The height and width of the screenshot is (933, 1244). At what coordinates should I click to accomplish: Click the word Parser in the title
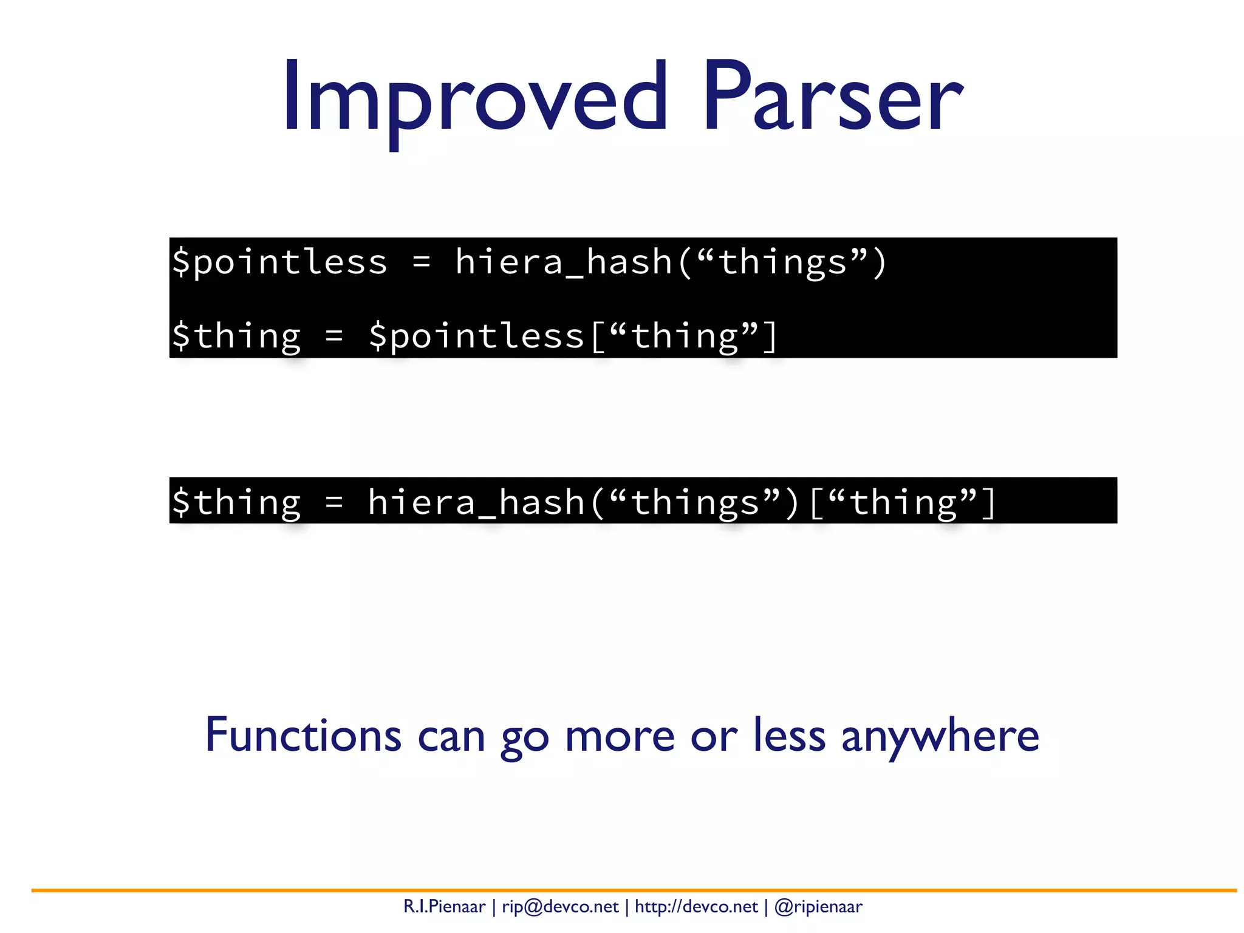click(x=832, y=97)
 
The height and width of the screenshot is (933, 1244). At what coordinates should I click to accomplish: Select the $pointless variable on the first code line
click(x=279, y=262)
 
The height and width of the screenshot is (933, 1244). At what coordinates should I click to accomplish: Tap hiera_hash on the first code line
click(x=564, y=262)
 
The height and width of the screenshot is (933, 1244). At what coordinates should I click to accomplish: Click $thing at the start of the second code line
click(x=236, y=336)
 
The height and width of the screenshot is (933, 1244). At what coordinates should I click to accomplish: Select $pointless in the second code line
click(x=476, y=336)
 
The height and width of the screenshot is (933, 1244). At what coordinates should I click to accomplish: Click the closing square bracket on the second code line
click(x=770, y=336)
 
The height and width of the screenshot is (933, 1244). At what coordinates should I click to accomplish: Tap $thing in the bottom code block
click(x=236, y=502)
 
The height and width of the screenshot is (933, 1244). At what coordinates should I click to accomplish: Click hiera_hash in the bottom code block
click(x=476, y=502)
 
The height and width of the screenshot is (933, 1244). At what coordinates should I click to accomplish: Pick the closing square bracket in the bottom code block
click(x=988, y=502)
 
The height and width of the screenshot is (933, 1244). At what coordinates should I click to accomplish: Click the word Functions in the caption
click(x=303, y=736)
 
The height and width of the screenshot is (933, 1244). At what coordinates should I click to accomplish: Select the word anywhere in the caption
click(x=940, y=736)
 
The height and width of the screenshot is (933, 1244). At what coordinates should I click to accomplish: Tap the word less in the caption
click(x=789, y=736)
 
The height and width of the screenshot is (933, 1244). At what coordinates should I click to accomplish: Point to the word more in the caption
click(x=620, y=736)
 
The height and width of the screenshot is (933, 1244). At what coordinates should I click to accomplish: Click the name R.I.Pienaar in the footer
click(x=444, y=907)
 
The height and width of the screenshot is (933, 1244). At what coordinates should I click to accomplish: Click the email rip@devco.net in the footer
click(x=560, y=907)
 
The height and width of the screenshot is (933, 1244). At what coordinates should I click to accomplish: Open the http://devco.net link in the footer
click(x=696, y=907)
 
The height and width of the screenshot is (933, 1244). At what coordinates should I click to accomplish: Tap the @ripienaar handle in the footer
click(x=818, y=907)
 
